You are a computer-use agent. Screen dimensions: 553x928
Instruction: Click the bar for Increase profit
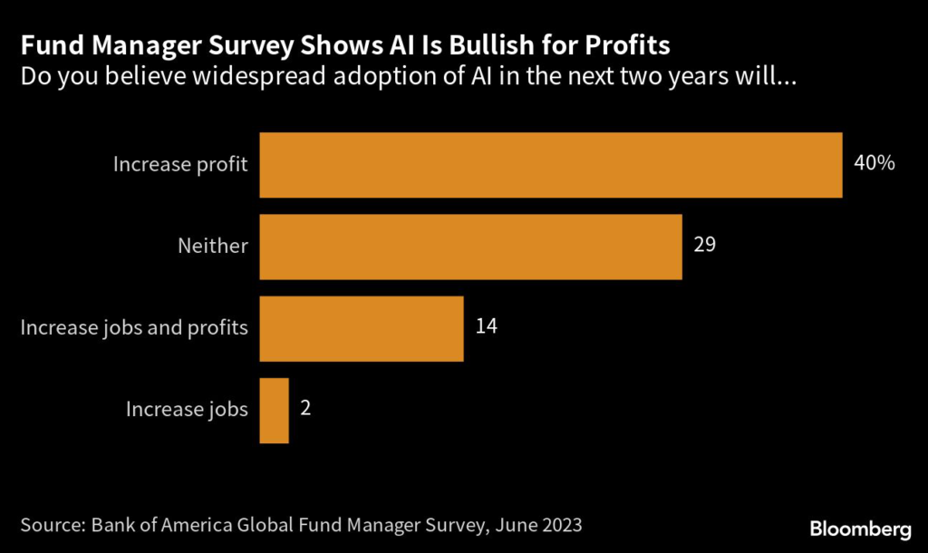pyautogui.click(x=551, y=164)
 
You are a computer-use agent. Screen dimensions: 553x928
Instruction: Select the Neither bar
pyautogui.click(x=470, y=247)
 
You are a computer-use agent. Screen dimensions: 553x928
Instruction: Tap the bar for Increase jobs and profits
pyautogui.click(x=362, y=328)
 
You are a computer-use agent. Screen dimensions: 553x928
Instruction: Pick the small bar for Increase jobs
pyautogui.click(x=274, y=411)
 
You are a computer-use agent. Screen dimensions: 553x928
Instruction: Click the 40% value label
pyautogui.click(x=874, y=164)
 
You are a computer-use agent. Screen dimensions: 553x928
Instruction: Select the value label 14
pyautogui.click(x=486, y=327)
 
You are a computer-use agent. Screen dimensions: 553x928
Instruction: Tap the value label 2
pyautogui.click(x=305, y=409)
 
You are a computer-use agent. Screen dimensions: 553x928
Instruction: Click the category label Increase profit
pyautogui.click(x=180, y=164)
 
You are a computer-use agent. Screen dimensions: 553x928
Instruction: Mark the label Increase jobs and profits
pyautogui.click(x=134, y=327)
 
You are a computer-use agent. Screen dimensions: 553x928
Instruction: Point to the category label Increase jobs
pyautogui.click(x=187, y=410)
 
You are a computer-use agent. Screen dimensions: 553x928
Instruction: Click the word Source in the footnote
pyautogui.click(x=53, y=524)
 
